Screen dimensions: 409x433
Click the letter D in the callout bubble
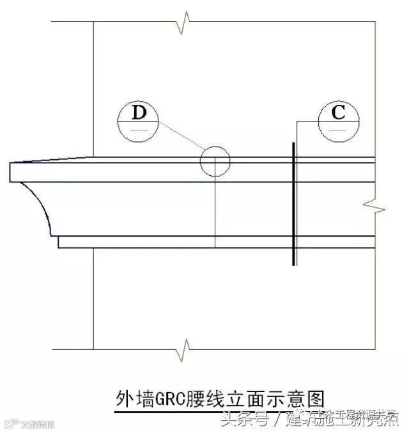[139, 113]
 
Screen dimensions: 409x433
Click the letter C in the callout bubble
[339, 113]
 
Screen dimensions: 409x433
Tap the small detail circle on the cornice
[215, 161]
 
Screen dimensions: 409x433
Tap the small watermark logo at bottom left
[11, 423]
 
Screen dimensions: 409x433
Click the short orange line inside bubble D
[139, 130]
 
